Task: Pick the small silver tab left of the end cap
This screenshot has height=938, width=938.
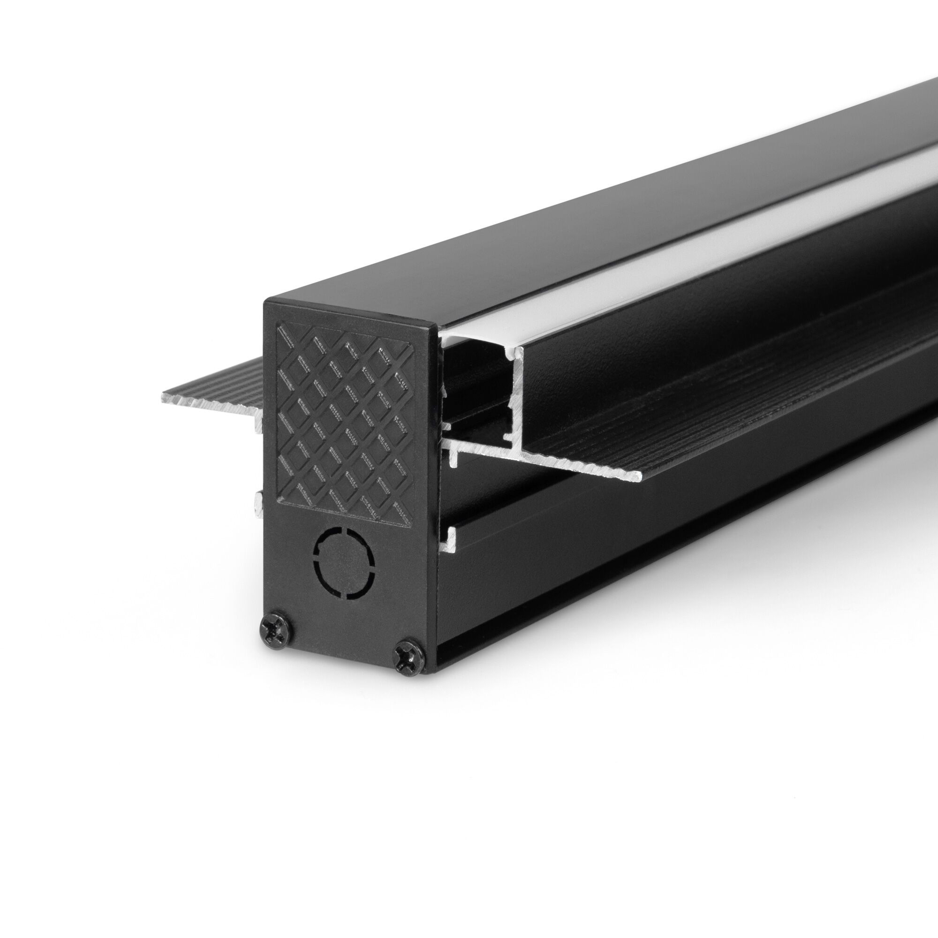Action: pyautogui.click(x=258, y=505)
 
